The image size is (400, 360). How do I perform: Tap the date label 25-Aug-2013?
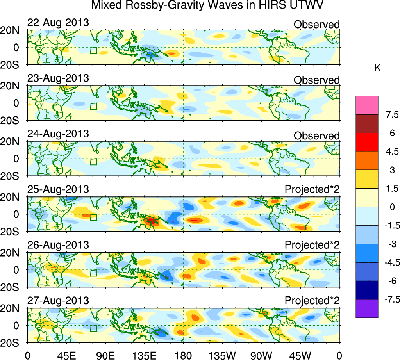coord(58,189)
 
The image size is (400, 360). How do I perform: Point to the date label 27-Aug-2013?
coord(58,301)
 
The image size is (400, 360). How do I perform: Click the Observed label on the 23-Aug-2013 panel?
coord(316,80)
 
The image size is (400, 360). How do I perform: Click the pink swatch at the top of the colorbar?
coord(367,105)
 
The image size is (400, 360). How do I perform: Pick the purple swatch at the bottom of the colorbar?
coord(367,308)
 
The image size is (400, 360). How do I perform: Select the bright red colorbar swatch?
coord(367,142)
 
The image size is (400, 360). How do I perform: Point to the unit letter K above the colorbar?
coord(378,68)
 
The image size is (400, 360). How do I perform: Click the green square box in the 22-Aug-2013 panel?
coord(93,51)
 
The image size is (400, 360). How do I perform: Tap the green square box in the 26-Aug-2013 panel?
coord(93,273)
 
